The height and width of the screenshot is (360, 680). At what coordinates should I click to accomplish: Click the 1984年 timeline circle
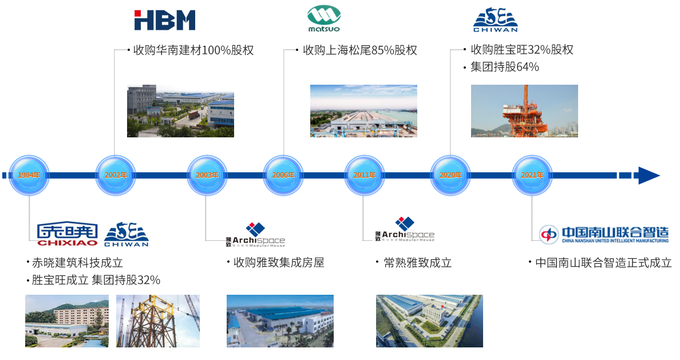click(x=29, y=175)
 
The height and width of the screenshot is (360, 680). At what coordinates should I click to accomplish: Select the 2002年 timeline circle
click(x=115, y=175)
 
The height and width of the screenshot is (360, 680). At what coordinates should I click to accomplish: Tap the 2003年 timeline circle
click(x=207, y=175)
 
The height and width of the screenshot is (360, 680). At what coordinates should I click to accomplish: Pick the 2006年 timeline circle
click(x=283, y=175)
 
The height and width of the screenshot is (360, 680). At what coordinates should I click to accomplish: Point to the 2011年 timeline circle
click(x=365, y=175)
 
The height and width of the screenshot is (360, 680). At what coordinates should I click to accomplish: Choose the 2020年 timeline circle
click(x=450, y=175)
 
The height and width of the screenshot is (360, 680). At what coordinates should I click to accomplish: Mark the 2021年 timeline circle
click(x=532, y=175)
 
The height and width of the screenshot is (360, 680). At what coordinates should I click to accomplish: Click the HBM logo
click(x=165, y=20)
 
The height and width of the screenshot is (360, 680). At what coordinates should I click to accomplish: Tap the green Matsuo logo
click(x=324, y=18)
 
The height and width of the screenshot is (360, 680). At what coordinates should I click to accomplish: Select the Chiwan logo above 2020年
click(x=495, y=20)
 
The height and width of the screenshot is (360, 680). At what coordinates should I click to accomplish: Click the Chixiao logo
click(x=67, y=234)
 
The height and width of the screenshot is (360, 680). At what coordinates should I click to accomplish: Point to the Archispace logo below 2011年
click(x=404, y=232)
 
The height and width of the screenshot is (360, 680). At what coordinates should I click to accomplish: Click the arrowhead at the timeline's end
click(x=649, y=175)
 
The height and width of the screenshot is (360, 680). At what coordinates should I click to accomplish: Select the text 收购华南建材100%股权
click(x=193, y=50)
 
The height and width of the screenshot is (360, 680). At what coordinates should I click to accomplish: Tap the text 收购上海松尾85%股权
click(x=359, y=50)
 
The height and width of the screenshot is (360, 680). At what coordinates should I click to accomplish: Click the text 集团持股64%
click(x=504, y=67)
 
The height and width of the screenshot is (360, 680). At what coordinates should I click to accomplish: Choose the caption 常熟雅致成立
click(x=417, y=263)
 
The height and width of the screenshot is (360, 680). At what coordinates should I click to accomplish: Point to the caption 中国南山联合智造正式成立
click(x=603, y=263)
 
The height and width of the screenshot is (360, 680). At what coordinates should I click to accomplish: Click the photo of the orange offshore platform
click(x=524, y=110)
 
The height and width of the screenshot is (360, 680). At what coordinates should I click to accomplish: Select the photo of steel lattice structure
click(x=157, y=321)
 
